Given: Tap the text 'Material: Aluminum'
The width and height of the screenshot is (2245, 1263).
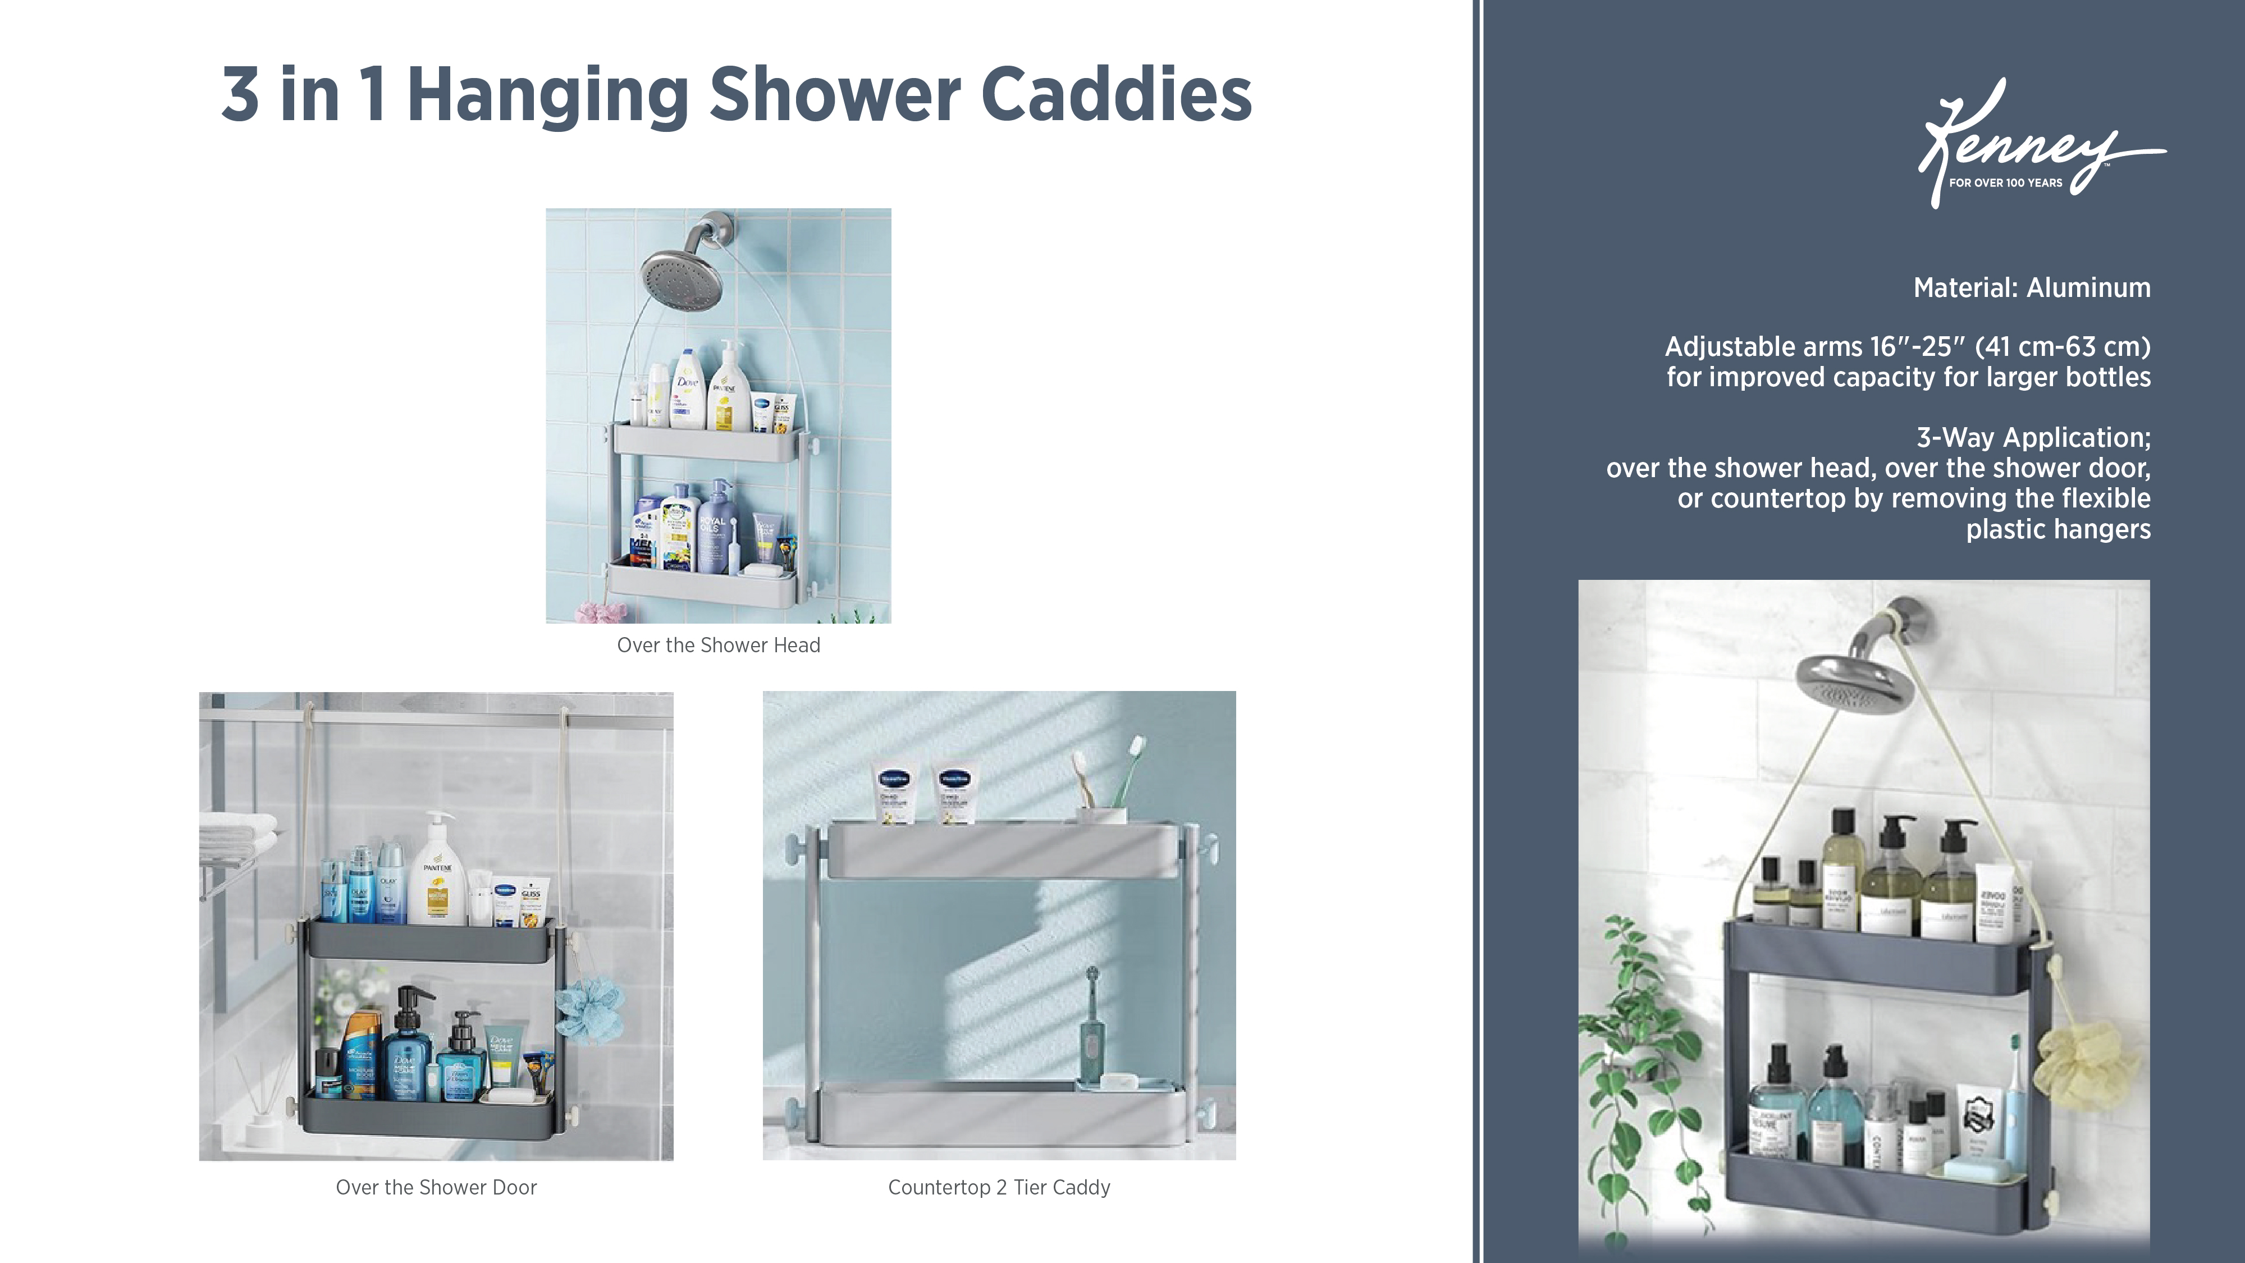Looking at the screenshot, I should point(2032,287).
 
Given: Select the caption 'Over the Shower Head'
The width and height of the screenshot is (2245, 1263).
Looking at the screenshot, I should point(718,645).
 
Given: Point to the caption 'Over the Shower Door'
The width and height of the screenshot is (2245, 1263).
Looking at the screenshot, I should point(436,1187).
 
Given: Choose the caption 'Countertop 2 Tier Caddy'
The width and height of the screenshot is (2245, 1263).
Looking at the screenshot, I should point(999,1187).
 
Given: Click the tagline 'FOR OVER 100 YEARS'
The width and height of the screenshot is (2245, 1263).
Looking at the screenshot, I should point(2005,183).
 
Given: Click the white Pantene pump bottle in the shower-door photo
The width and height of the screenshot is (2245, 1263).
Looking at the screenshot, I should point(437,876).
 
